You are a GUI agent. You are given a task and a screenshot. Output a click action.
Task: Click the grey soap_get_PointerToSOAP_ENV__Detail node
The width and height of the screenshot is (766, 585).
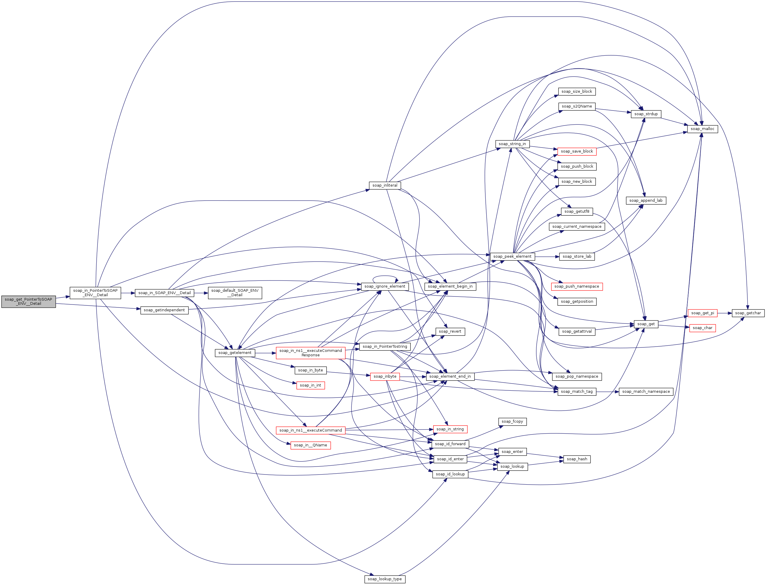click(28, 302)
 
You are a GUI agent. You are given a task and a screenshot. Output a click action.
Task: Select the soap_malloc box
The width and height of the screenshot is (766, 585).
click(702, 129)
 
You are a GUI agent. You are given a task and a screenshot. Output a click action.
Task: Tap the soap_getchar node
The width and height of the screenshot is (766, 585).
click(748, 313)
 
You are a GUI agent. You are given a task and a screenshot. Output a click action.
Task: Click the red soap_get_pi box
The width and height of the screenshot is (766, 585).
click(702, 313)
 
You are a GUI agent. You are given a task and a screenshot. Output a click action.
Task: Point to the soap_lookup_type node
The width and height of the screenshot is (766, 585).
click(385, 579)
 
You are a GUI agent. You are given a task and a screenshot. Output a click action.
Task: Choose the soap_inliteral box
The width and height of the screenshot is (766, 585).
click(385, 185)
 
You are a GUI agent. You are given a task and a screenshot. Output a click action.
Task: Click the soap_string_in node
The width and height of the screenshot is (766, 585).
click(512, 144)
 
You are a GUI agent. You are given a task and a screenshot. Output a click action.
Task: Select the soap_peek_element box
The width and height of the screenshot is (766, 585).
click(512, 257)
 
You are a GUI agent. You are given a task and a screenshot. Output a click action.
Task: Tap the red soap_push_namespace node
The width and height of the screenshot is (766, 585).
click(577, 287)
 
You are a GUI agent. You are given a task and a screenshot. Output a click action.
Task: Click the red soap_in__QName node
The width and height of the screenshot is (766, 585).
click(310, 445)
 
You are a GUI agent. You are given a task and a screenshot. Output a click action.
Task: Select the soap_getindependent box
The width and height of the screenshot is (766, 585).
click(164, 310)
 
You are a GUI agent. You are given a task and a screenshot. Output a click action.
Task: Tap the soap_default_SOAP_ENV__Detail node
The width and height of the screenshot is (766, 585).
click(235, 293)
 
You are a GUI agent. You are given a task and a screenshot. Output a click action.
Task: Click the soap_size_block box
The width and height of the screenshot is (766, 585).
click(577, 92)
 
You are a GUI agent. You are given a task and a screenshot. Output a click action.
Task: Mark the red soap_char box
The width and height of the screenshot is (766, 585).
click(702, 328)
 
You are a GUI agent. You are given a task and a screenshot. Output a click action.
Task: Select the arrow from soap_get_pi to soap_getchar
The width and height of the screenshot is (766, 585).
click(724, 313)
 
